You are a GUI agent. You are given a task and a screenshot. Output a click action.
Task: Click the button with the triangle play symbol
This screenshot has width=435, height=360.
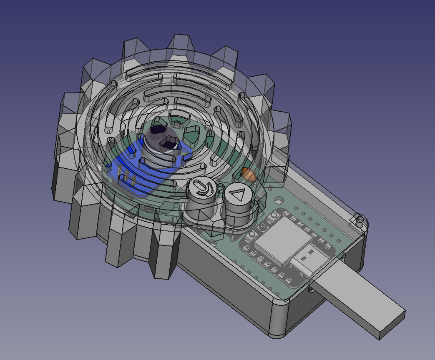click(239, 195)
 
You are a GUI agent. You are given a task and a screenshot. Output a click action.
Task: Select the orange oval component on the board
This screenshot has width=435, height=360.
click(249, 174)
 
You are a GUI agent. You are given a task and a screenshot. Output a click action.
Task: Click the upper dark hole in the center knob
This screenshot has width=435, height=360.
click(158, 130)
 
